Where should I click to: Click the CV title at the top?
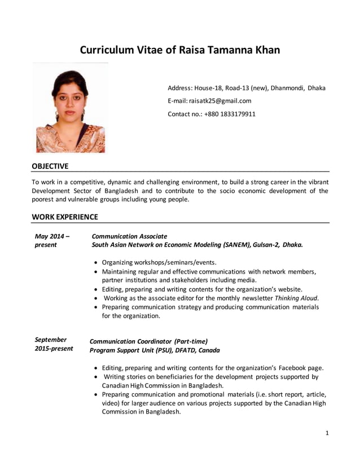pyautogui.click(x=179, y=50)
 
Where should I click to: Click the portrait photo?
pyautogui.click(x=71, y=108)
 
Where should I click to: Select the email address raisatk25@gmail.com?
pyautogui.click(x=220, y=101)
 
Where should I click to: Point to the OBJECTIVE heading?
pyautogui.click(x=50, y=166)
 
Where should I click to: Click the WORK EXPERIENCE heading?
pyautogui.click(x=65, y=217)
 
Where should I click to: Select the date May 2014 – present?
pyautogui.click(x=52, y=240)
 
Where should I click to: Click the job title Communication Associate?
pyautogui.click(x=129, y=236)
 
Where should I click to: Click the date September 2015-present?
pyautogui.click(x=54, y=344)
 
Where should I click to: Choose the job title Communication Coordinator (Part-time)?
pyautogui.click(x=149, y=341)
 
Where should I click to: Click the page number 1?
pyautogui.click(x=327, y=433)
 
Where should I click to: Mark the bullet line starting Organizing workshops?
pyautogui.click(x=159, y=262)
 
